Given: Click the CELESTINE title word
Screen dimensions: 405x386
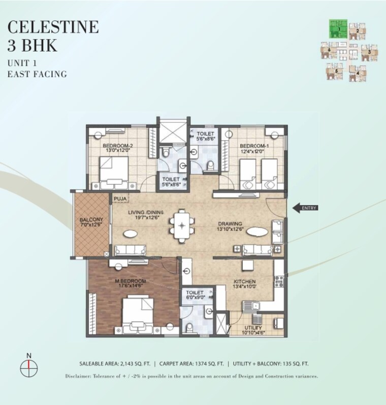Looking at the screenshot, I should (x=53, y=26).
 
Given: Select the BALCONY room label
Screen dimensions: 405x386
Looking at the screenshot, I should (x=91, y=220).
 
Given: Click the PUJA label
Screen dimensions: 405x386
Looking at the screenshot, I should (x=120, y=198).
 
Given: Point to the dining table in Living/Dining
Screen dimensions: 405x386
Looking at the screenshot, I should (x=181, y=224).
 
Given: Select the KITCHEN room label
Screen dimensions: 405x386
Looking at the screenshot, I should (x=245, y=281).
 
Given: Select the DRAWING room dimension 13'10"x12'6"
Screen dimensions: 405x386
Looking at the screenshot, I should (x=230, y=229).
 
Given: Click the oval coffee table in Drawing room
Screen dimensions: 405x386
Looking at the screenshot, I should (x=256, y=233).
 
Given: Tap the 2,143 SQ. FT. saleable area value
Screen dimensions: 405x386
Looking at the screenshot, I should (x=133, y=364).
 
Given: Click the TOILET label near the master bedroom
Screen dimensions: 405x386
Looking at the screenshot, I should (x=195, y=293).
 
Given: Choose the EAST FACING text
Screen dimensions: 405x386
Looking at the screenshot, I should (x=37, y=74).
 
